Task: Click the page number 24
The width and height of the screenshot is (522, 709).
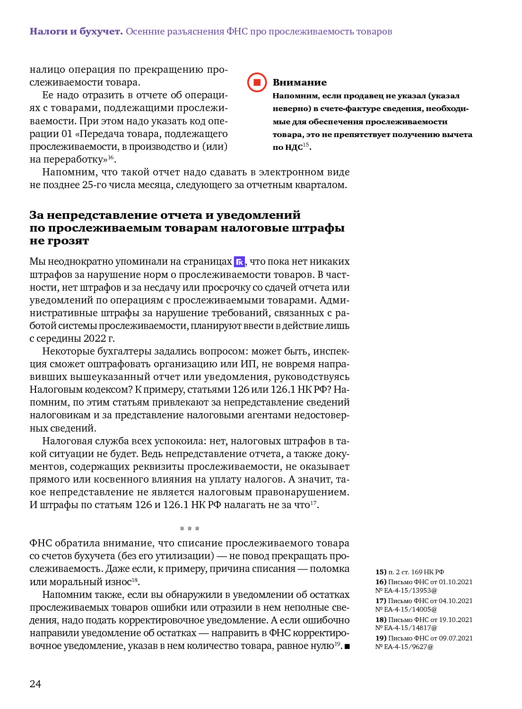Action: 35,684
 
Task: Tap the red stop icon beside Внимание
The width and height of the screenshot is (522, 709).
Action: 257,82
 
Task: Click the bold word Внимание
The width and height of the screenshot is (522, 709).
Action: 299,82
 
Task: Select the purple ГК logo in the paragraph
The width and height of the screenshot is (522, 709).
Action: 239,262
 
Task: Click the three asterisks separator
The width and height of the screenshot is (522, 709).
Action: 190,529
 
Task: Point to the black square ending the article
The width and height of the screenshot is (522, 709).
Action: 347,646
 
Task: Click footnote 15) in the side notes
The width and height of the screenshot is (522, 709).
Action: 381,572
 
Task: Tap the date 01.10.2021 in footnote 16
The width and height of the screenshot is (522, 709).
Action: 455,582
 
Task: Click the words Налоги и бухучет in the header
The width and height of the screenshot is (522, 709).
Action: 76,32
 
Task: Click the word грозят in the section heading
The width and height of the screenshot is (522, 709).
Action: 68,241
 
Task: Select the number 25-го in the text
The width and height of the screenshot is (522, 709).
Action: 95,185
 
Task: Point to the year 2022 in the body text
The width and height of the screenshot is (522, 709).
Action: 95,338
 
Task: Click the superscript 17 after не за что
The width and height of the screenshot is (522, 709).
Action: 313,503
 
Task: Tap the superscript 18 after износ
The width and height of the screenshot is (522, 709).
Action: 135,580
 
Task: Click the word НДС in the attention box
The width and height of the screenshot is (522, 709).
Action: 294,147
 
